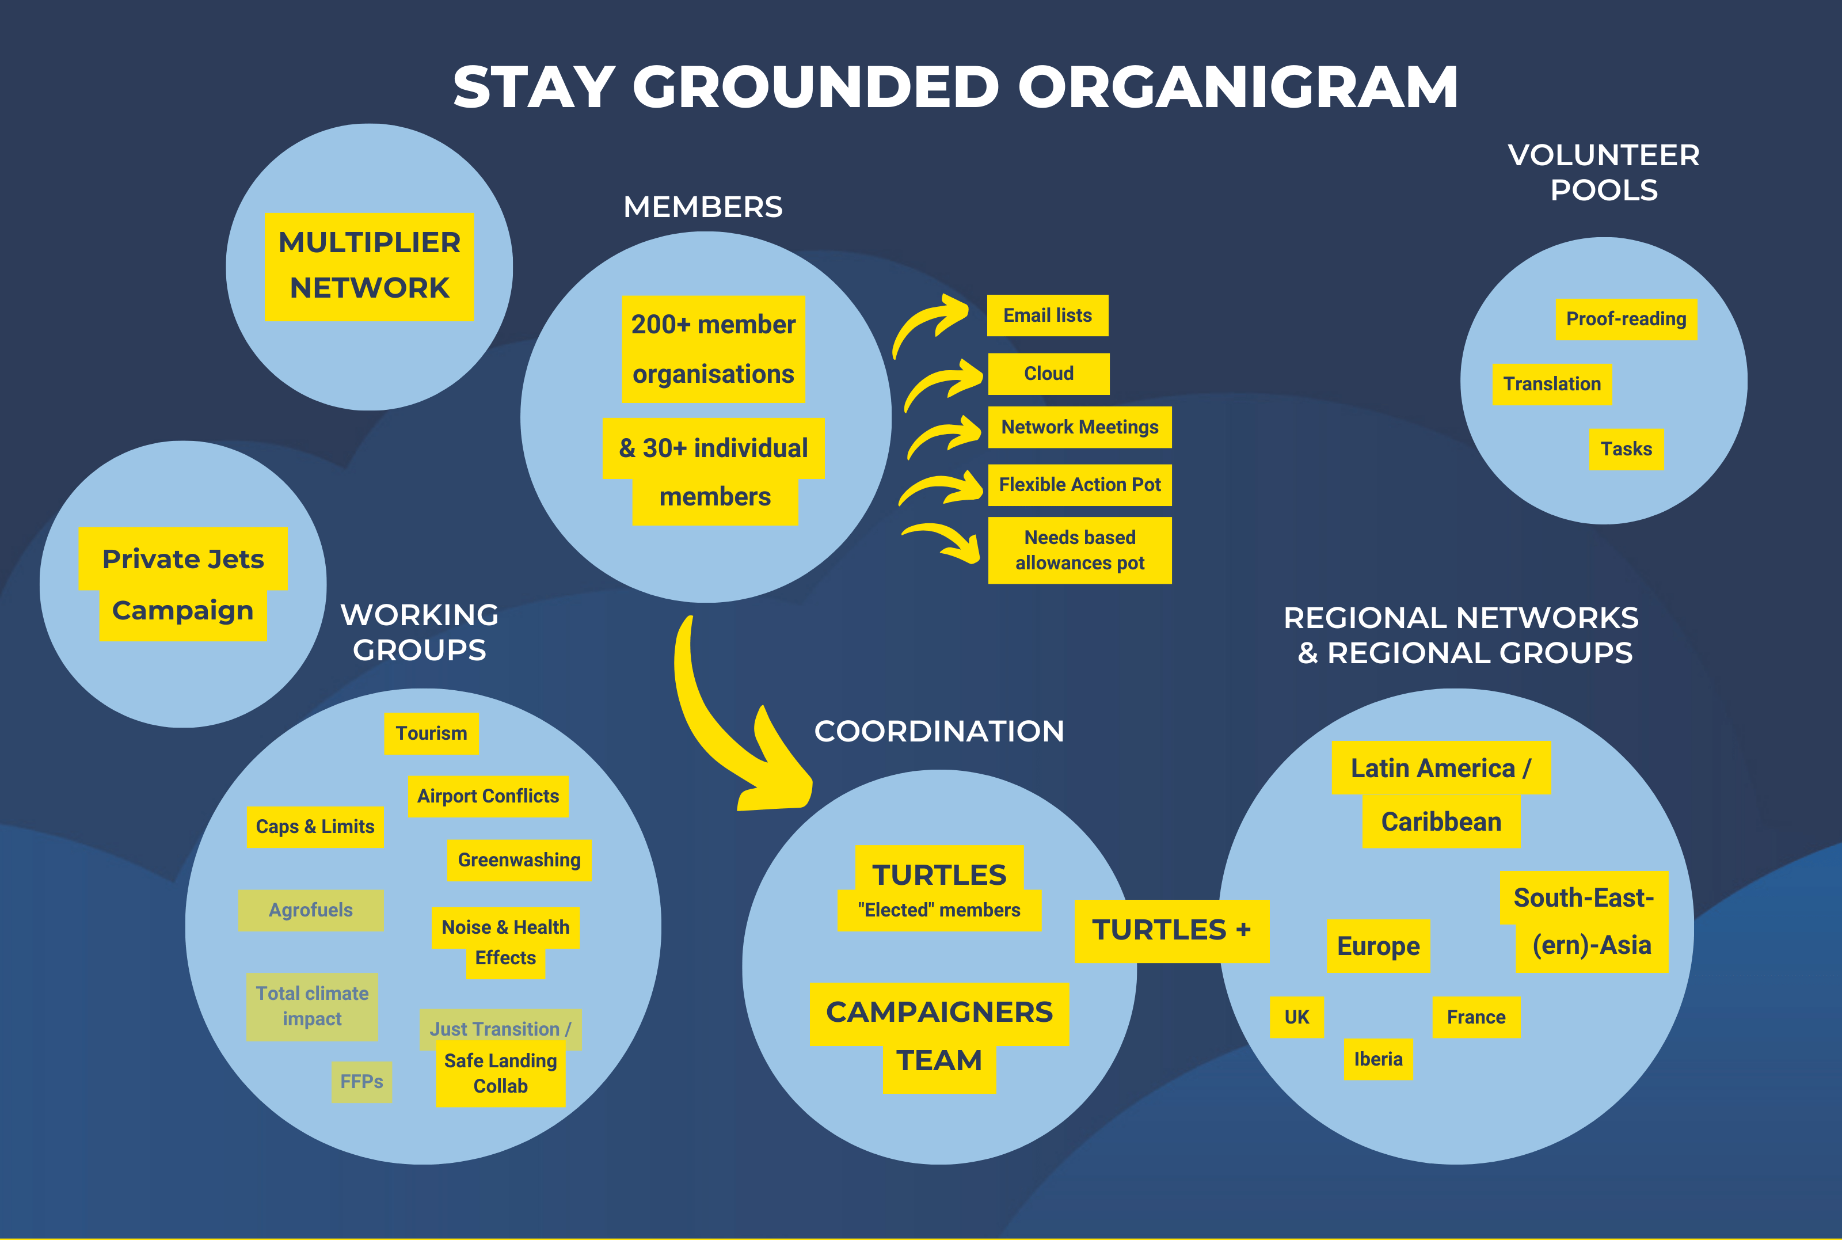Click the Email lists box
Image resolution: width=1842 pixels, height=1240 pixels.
(x=1048, y=315)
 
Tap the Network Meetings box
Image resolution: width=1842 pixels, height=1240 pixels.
(x=1079, y=427)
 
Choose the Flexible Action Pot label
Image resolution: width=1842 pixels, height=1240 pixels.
(x=1079, y=485)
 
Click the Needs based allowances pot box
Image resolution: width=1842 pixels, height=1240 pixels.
(x=1079, y=550)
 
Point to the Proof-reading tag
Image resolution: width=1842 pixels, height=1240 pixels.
(x=1626, y=319)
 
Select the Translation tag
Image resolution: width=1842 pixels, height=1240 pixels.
(x=1551, y=385)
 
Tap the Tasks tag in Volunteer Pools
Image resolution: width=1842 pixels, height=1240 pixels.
(x=1626, y=449)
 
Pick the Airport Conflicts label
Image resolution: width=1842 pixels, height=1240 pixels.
(x=488, y=796)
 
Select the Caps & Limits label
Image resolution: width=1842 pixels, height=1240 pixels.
(x=315, y=827)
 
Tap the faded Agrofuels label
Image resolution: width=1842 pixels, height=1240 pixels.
(x=311, y=910)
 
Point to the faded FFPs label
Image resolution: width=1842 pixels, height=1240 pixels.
(x=361, y=1082)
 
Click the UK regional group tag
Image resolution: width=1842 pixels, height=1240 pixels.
(x=1296, y=1017)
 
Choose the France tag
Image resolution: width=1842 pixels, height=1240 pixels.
(x=1476, y=1017)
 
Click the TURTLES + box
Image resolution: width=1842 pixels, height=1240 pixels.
(x=1171, y=931)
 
